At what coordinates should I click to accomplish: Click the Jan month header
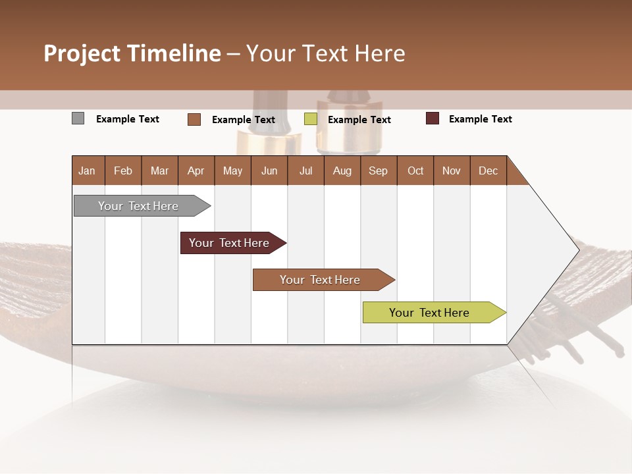(88, 171)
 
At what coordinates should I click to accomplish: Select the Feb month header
(123, 171)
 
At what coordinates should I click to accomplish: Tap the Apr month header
(196, 171)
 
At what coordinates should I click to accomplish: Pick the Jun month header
(269, 171)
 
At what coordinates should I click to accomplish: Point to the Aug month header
(342, 171)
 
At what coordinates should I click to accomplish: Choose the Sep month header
(379, 171)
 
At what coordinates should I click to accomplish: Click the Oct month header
(415, 171)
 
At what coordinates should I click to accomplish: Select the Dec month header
(488, 171)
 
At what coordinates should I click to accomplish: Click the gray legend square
(78, 118)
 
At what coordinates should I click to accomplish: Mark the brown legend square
(194, 119)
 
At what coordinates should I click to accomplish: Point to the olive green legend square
(311, 119)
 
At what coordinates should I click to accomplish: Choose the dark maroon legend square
(433, 118)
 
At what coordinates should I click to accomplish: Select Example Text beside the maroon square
(480, 119)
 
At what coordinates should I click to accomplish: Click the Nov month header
(452, 171)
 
